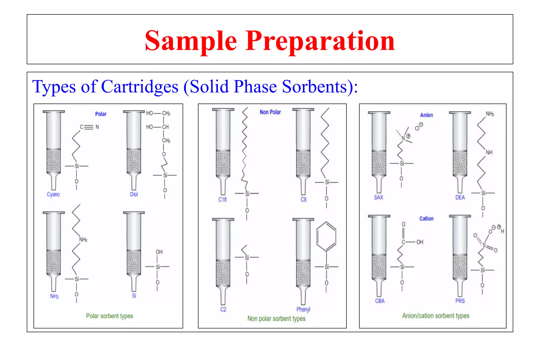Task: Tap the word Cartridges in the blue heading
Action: pyautogui.click(x=140, y=87)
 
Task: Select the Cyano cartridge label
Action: pyautogui.click(x=53, y=194)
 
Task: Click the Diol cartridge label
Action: pyautogui.click(x=134, y=194)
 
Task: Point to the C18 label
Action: pyautogui.click(x=222, y=200)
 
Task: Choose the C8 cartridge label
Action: pyautogui.click(x=303, y=200)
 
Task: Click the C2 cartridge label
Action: pyautogui.click(x=223, y=309)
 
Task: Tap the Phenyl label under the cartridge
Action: pyautogui.click(x=303, y=309)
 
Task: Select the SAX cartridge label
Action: pyautogui.click(x=378, y=197)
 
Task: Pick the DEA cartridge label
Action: pyautogui.click(x=460, y=197)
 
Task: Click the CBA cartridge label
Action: pyautogui.click(x=380, y=301)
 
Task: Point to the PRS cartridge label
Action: pyautogui.click(x=460, y=301)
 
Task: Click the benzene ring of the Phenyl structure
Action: pyautogui.click(x=326, y=236)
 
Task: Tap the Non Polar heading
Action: pyautogui.click(x=270, y=112)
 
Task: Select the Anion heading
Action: pyautogui.click(x=426, y=115)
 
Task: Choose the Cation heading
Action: pyautogui.click(x=426, y=219)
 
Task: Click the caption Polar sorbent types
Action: pyautogui.click(x=109, y=316)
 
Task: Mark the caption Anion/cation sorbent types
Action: pyautogui.click(x=436, y=316)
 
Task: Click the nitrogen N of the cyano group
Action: pyautogui.click(x=97, y=127)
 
